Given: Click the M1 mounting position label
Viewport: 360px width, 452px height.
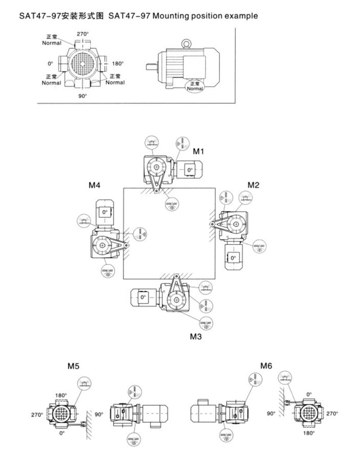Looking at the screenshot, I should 198,152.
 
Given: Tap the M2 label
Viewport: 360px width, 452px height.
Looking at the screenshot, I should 253,185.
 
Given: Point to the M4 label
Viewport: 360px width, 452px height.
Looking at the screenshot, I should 94,185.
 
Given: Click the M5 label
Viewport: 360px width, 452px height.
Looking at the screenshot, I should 74,366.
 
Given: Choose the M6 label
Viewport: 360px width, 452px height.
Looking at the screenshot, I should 265,366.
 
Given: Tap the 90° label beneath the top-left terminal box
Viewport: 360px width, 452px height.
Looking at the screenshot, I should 82,96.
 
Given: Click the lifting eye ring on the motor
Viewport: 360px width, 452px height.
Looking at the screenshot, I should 186,43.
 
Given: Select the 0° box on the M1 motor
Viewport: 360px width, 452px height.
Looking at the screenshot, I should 189,170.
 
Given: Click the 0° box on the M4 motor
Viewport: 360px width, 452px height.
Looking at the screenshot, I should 104,212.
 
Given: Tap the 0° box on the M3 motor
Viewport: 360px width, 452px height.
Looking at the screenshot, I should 143,297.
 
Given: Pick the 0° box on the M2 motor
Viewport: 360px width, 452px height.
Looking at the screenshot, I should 233,258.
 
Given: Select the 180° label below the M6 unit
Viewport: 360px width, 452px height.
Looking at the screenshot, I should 308,433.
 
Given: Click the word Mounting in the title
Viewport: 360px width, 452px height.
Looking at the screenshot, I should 172,16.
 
